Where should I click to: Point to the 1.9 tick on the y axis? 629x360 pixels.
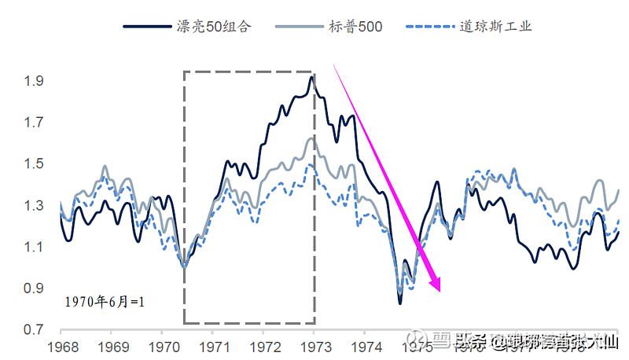[35, 81]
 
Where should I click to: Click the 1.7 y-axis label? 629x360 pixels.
[35, 123]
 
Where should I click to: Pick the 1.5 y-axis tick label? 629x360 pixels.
[35, 163]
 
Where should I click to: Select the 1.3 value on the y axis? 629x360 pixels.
[35, 205]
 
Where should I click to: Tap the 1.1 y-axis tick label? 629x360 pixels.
[35, 247]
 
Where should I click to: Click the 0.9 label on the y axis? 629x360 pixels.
[35, 288]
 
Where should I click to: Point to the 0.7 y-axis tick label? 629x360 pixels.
[35, 329]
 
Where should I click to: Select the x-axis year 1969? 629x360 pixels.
[111, 346]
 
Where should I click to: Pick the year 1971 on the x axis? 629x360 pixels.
[213, 346]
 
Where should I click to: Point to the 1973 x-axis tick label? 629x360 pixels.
[314, 346]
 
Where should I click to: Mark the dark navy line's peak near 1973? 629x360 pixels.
[312, 76]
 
